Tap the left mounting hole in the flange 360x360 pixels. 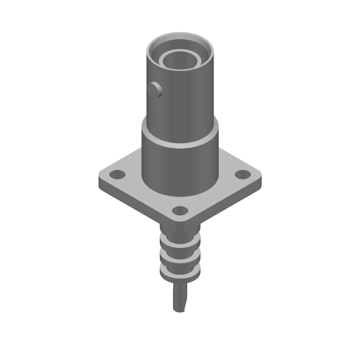[118, 173]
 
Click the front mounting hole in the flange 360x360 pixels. [180, 210]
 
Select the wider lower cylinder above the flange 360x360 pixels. [180, 166]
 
